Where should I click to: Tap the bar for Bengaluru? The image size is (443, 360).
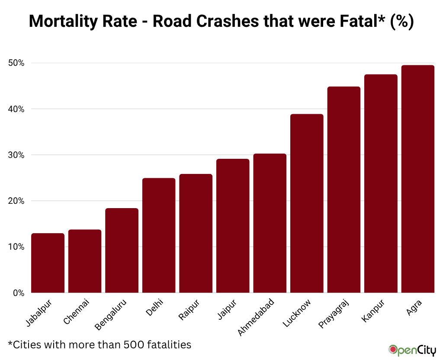click(122, 251)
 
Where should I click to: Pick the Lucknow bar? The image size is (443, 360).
click(307, 203)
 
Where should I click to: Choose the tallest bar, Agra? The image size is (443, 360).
click(417, 179)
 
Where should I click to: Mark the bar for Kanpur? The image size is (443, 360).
click(381, 183)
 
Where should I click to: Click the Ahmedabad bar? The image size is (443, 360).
click(270, 223)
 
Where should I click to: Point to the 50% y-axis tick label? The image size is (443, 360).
click(16, 63)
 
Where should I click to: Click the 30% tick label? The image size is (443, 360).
click(16, 155)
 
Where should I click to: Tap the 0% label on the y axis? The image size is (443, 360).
click(18, 293)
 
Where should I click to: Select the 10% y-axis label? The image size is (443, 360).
click(16, 247)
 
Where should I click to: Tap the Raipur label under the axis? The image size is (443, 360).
click(189, 309)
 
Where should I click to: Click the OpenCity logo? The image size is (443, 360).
click(411, 350)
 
